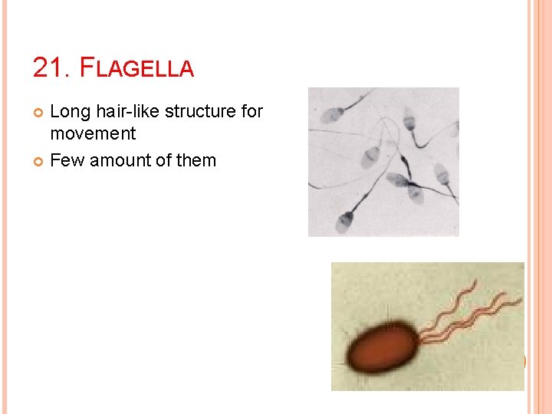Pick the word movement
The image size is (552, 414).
(x=93, y=133)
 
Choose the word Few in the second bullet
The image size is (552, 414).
(x=67, y=160)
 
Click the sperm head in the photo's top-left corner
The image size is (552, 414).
(x=332, y=116)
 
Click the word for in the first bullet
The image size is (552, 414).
(x=252, y=112)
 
